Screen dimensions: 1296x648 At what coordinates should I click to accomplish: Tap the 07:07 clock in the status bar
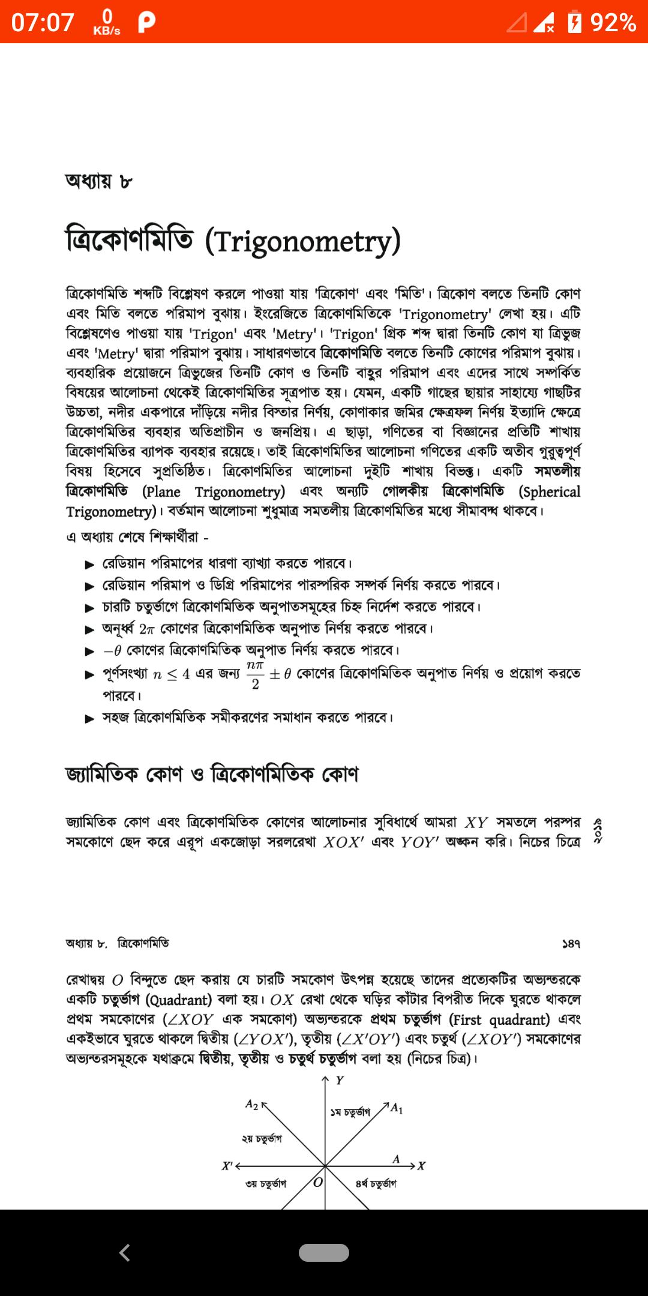click(x=43, y=23)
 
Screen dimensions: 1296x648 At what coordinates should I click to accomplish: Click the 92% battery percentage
click(x=613, y=23)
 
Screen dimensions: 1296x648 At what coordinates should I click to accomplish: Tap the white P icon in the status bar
click(x=146, y=23)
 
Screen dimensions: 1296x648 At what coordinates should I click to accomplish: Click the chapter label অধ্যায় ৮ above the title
click(x=98, y=181)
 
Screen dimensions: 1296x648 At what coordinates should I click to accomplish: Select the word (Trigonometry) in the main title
click(x=302, y=241)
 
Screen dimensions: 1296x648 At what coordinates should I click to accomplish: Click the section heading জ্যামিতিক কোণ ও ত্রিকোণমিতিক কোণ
click(x=212, y=774)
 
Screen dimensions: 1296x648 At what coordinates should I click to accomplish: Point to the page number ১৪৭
click(x=571, y=944)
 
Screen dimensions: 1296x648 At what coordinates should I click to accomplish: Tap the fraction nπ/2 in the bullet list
click(x=255, y=675)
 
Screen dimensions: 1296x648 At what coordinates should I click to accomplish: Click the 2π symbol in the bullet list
click(x=147, y=629)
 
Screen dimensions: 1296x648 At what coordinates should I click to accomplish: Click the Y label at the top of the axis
click(x=340, y=1081)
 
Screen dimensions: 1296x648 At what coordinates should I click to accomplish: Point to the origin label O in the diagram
click(x=318, y=1182)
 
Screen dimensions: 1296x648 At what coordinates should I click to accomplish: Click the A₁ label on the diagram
click(x=397, y=1109)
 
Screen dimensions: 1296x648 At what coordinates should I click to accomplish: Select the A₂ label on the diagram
click(x=252, y=1104)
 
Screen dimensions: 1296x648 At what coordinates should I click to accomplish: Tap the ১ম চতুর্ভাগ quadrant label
click(x=350, y=1112)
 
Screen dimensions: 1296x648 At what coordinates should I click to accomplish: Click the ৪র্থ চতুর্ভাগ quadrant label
click(x=376, y=1184)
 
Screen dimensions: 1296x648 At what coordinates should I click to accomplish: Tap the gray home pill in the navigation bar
click(x=324, y=1253)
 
